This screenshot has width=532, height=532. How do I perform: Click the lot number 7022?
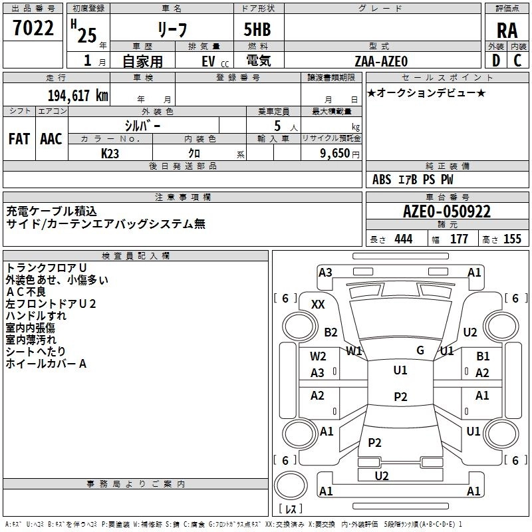click(x=33, y=29)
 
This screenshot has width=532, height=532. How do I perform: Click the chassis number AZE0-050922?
click(x=447, y=212)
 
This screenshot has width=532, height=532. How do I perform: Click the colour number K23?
click(x=110, y=153)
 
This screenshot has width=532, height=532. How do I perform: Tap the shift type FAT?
click(x=19, y=138)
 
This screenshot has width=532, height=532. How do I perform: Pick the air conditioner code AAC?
click(x=51, y=138)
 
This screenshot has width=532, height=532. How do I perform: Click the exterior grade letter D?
click(x=495, y=61)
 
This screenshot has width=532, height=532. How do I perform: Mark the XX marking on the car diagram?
click(x=318, y=304)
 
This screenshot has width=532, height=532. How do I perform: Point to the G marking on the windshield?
click(x=420, y=350)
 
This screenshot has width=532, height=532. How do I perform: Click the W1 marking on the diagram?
click(x=354, y=350)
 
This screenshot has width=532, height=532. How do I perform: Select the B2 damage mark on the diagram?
click(x=331, y=332)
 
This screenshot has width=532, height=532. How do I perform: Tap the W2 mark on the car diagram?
click(x=318, y=356)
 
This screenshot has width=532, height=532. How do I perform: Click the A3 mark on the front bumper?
click(x=325, y=272)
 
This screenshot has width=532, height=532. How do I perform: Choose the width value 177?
click(x=459, y=239)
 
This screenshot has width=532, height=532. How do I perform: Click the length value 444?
click(x=403, y=239)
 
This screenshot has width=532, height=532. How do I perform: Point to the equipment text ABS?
click(x=382, y=180)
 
